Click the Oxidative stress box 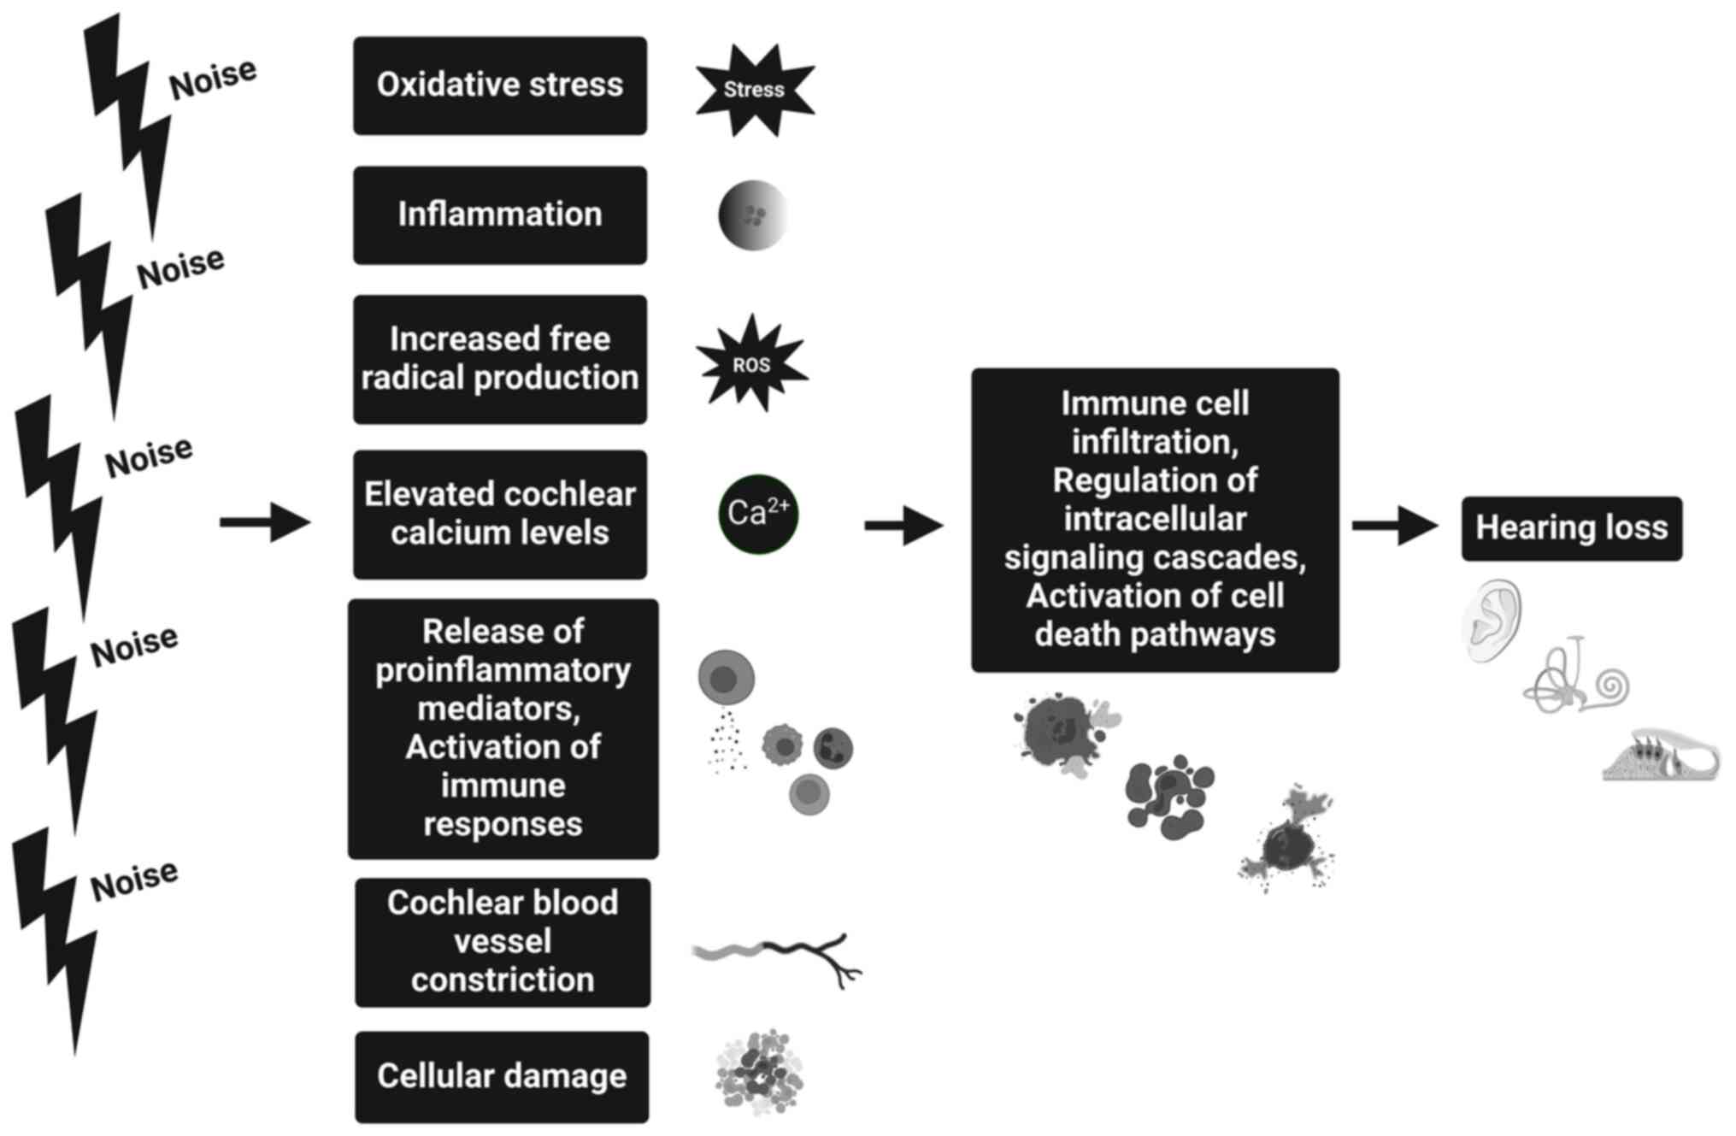(500, 85)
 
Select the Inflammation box (500, 215)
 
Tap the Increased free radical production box (500, 359)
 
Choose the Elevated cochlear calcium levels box (500, 514)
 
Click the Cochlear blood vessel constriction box (503, 942)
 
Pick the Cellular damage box (502, 1076)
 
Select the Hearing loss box (1571, 528)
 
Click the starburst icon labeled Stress (754, 90)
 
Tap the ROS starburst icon (751, 364)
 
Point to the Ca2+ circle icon (758, 514)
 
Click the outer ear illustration (1493, 621)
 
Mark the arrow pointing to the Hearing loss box (1395, 525)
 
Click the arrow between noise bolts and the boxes (265, 521)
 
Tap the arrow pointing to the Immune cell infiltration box (903, 525)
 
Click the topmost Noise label (213, 79)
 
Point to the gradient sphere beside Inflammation (752, 215)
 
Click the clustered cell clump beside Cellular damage (759, 1072)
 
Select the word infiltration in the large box (1155, 442)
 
